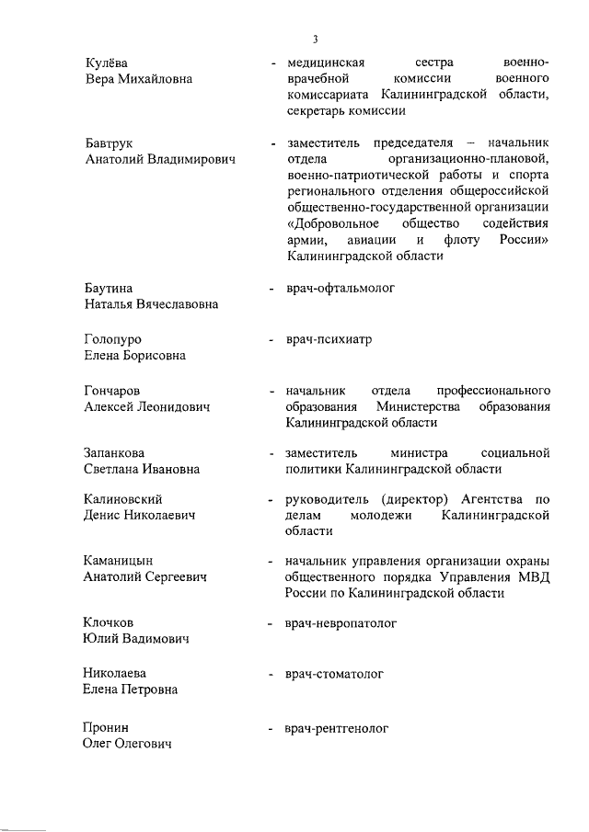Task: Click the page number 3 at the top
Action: pyautogui.click(x=315, y=39)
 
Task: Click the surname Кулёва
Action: pyautogui.click(x=105, y=63)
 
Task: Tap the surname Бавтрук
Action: pyautogui.click(x=110, y=143)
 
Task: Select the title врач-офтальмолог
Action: pyautogui.click(x=340, y=289)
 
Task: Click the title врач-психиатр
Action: pyautogui.click(x=329, y=339)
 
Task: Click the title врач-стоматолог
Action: pyautogui.click(x=334, y=674)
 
